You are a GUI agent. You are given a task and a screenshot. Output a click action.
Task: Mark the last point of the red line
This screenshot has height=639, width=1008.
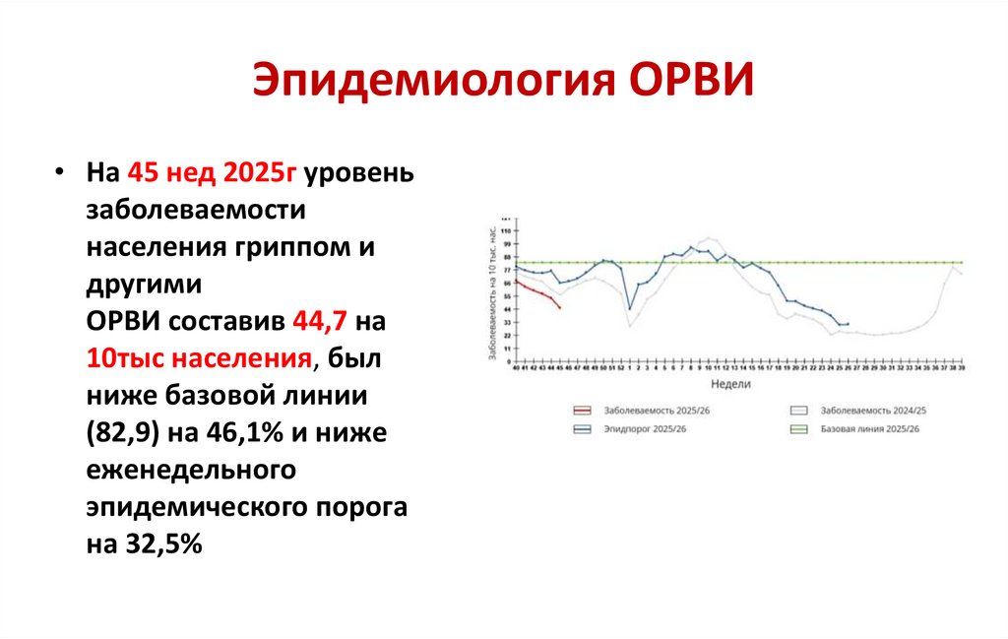[x=560, y=308]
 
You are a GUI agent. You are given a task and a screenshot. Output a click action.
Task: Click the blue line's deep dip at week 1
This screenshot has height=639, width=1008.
[x=630, y=308]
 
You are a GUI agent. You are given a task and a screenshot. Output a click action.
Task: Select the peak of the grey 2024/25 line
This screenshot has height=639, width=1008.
[x=709, y=238]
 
